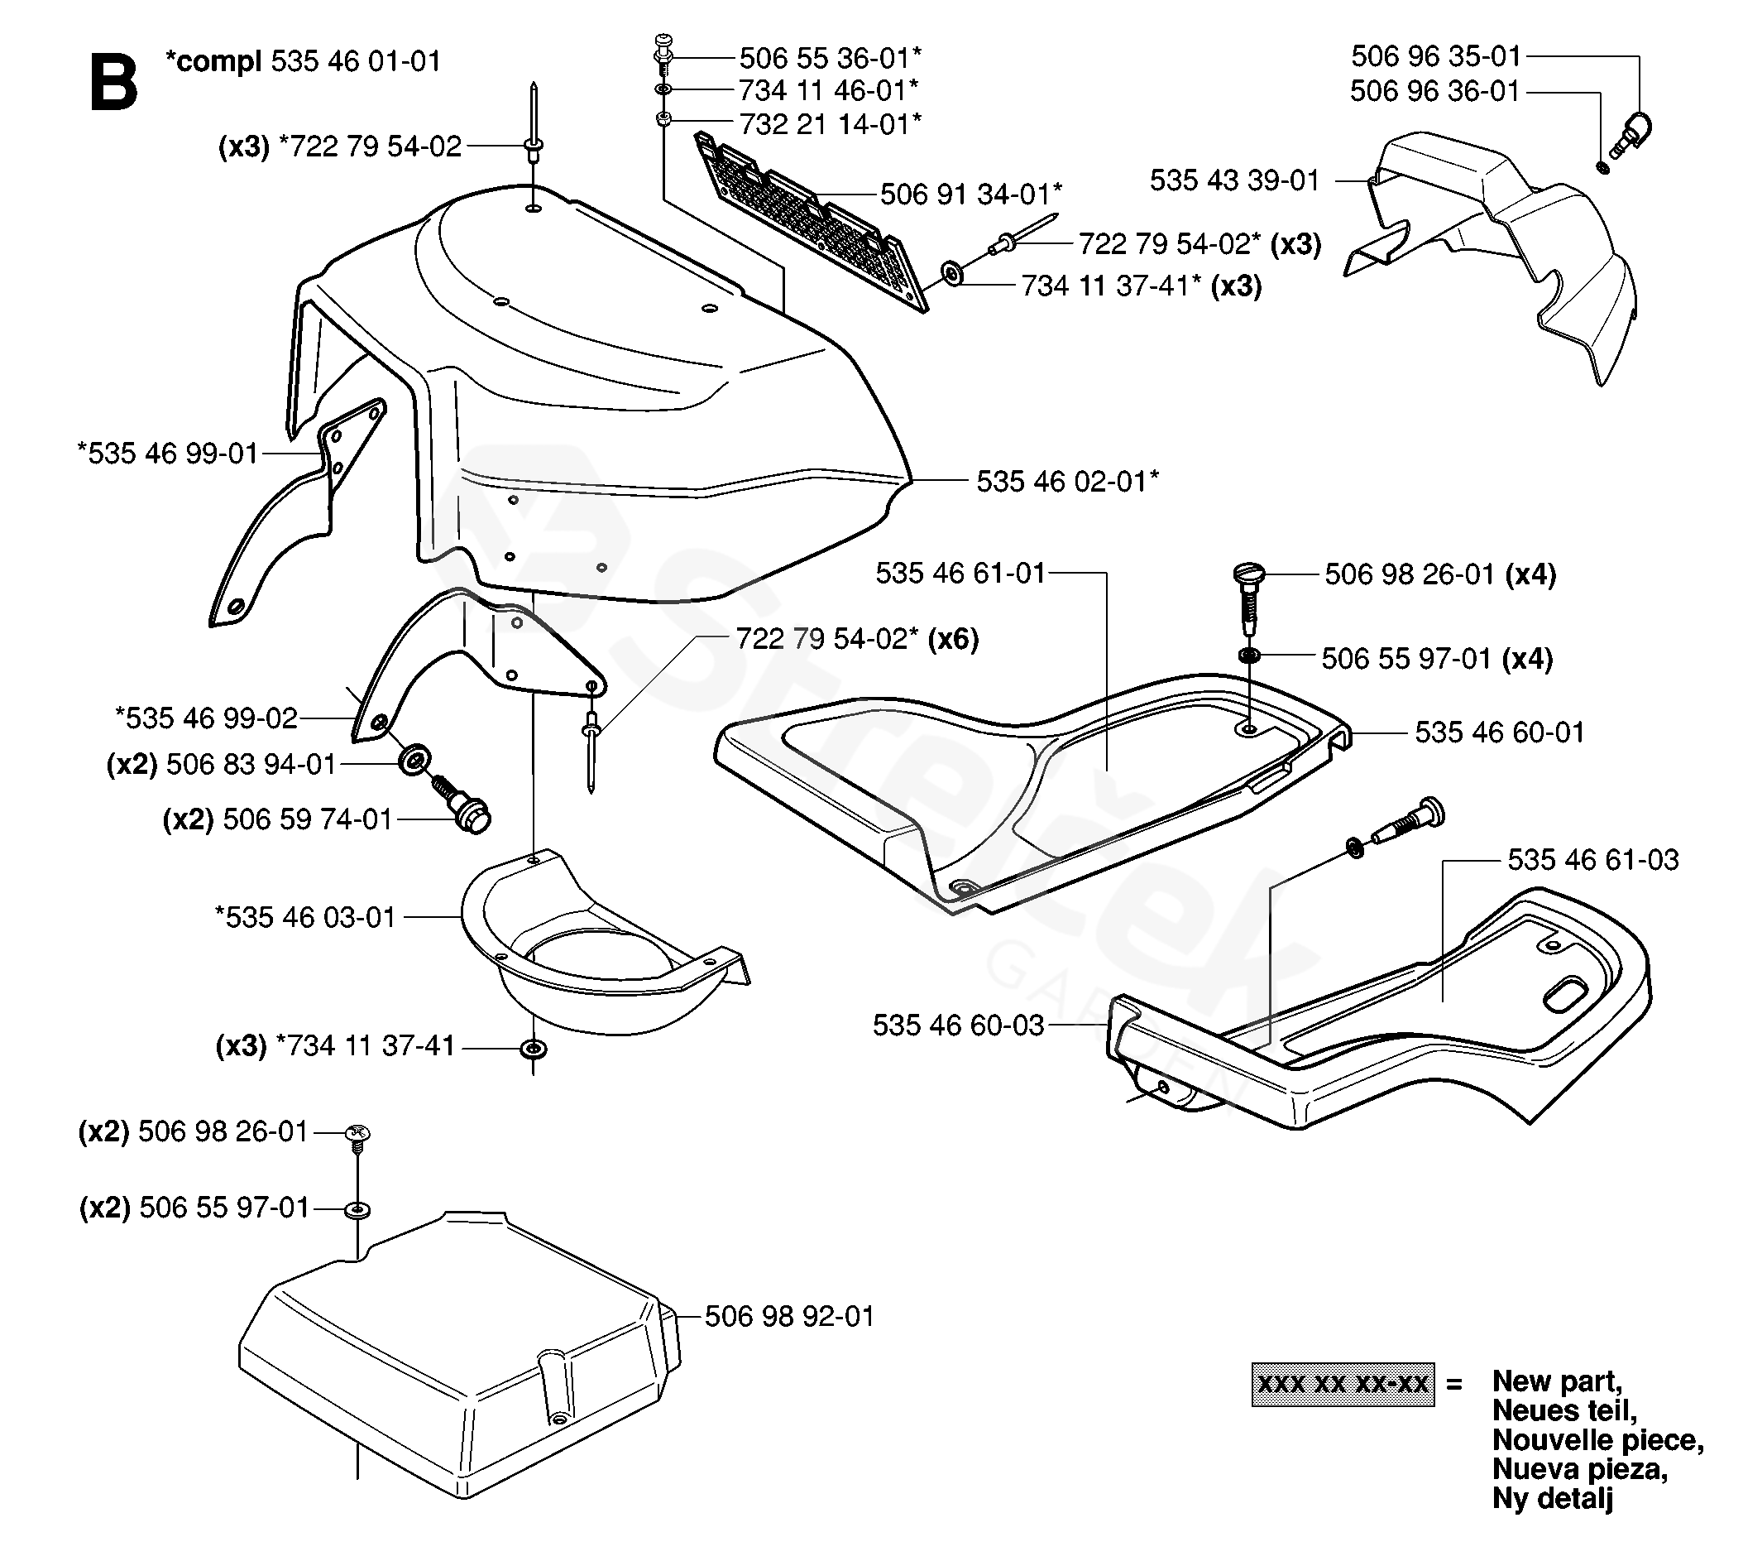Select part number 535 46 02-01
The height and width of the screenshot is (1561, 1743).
tap(1067, 481)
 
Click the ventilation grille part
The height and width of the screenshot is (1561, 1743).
tap(810, 222)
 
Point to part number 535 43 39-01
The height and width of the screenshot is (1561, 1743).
tap(1233, 180)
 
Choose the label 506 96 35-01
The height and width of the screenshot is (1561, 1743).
tap(1436, 56)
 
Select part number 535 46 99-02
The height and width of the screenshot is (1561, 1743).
tap(206, 717)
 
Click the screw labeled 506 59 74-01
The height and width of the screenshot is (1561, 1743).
tap(462, 803)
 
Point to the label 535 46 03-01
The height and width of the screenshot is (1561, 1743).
tap(305, 917)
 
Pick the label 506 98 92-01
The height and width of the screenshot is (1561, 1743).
tap(790, 1316)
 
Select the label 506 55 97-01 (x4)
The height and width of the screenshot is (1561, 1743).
tap(1437, 659)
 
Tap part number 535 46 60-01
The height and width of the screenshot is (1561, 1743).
tap(1500, 732)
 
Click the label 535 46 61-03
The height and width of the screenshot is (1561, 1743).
tap(1593, 859)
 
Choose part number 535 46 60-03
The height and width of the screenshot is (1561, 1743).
tap(959, 1025)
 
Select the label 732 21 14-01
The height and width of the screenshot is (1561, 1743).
tap(830, 123)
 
